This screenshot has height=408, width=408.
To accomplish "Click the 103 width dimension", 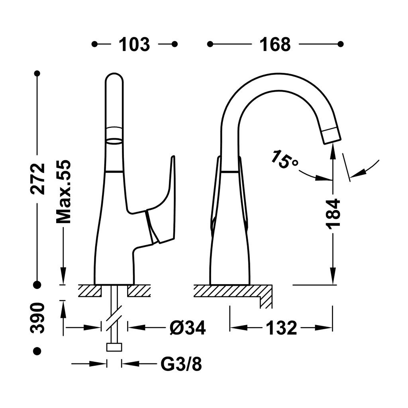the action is [x=134, y=45].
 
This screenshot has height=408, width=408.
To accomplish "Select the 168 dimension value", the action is [x=275, y=45].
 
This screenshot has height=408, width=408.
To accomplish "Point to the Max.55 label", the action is [x=63, y=192].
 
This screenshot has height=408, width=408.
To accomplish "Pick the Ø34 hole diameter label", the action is [x=188, y=328].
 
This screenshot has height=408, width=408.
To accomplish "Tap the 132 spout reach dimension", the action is [x=281, y=328].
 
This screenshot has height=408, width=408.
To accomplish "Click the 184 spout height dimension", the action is [x=333, y=214].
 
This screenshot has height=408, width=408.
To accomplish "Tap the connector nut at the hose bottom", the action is [x=114, y=347].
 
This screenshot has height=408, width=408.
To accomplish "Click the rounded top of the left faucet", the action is [x=114, y=78].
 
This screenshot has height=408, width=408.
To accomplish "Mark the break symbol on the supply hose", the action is [x=114, y=316].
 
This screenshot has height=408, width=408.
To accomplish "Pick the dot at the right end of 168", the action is [x=340, y=44].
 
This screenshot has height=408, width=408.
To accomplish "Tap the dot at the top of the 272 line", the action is [x=37, y=74].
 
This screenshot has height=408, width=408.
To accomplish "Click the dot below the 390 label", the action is [x=37, y=351].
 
